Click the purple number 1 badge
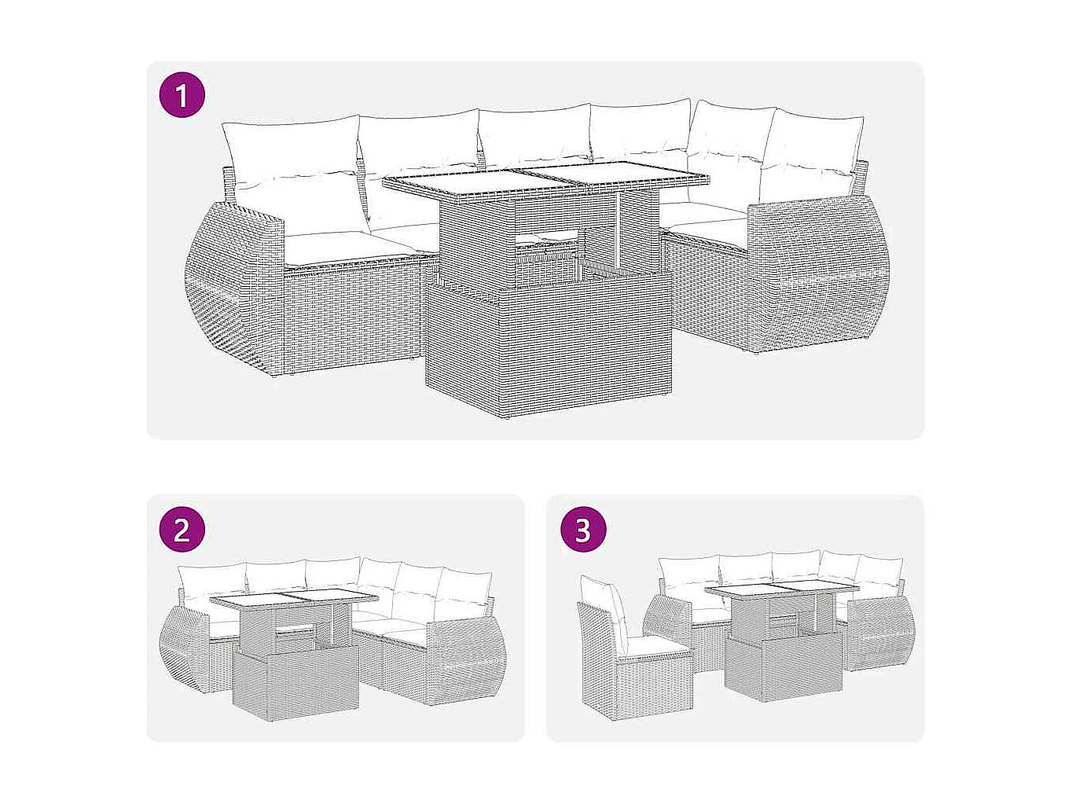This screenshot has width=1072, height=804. (x=182, y=96)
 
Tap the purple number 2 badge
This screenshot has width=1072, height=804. (x=182, y=529)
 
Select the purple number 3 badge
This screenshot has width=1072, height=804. (x=582, y=529)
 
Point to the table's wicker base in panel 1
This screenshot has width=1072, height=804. (x=547, y=346)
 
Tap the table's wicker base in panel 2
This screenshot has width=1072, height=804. (x=296, y=680)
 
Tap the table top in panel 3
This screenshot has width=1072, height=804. (x=780, y=590)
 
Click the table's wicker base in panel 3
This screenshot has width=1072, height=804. (x=782, y=668)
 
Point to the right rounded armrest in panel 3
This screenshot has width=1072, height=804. (x=884, y=633)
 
